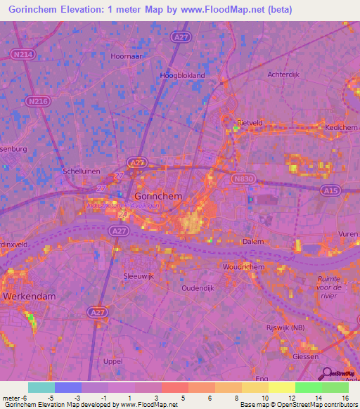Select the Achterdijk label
point(285,74)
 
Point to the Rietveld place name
point(250,122)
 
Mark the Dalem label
point(253,241)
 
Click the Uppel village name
point(112,361)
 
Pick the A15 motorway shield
point(330,190)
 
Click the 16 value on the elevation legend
point(345,398)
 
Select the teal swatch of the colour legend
point(41,387)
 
